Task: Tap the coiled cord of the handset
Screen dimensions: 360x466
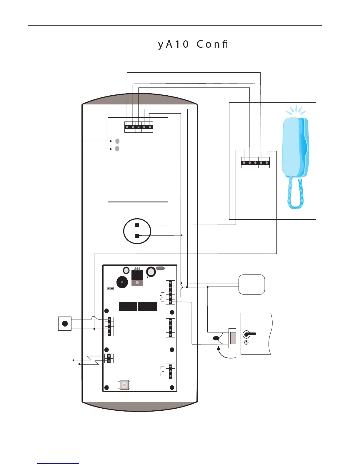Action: click(295, 194)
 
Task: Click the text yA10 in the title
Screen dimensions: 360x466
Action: click(174, 44)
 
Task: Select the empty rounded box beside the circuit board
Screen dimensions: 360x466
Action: click(251, 284)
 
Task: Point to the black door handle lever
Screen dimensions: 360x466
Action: click(250, 334)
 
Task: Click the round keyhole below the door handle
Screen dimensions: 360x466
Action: click(246, 342)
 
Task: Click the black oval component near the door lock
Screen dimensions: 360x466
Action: click(216, 338)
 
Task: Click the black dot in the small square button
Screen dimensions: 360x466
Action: click(65, 324)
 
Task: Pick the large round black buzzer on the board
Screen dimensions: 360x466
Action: click(122, 282)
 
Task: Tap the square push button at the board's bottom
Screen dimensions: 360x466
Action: click(124, 385)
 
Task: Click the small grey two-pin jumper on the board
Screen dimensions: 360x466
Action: click(110, 288)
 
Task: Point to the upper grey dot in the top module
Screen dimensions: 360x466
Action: click(117, 141)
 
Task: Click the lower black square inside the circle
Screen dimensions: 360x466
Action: click(137, 236)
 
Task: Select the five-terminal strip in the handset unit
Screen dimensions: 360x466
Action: click(255, 163)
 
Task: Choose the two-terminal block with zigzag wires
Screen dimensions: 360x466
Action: click(109, 358)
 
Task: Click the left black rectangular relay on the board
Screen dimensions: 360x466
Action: click(128, 307)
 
